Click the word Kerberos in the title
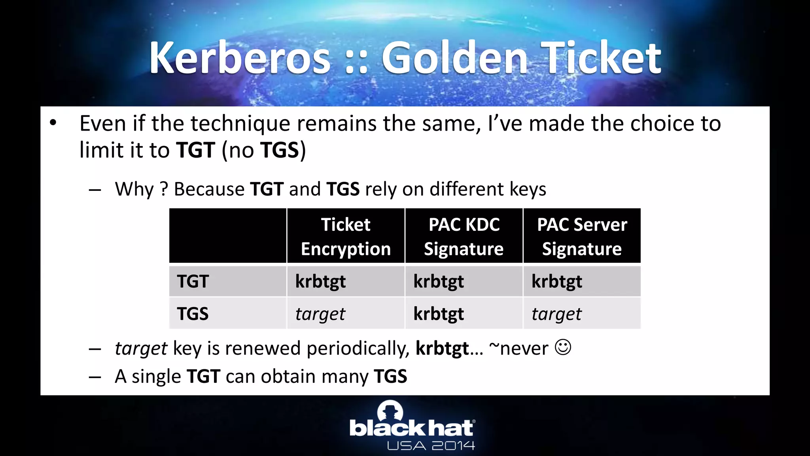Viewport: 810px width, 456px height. click(x=240, y=58)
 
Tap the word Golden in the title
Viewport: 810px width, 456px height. click(x=454, y=58)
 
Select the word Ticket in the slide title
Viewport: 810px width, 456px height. click(x=601, y=58)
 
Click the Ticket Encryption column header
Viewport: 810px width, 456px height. click(x=346, y=236)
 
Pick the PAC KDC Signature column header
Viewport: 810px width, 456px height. click(x=464, y=236)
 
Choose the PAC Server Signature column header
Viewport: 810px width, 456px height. click(x=582, y=236)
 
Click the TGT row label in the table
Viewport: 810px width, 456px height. click(x=193, y=281)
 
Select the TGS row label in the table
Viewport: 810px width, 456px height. click(x=193, y=313)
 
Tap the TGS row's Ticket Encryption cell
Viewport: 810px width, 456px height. click(x=320, y=314)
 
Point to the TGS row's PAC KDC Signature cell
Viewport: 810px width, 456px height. click(x=439, y=314)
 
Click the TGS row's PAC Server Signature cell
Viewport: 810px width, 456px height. click(x=556, y=314)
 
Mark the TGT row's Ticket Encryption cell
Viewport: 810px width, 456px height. click(x=320, y=281)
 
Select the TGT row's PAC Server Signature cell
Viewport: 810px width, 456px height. click(x=556, y=281)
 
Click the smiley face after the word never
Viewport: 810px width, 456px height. click(x=563, y=348)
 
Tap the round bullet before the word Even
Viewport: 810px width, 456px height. click(x=53, y=123)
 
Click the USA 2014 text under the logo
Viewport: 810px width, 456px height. click(x=431, y=446)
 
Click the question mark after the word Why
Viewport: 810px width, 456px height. click(x=164, y=189)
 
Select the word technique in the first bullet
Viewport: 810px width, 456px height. click(x=240, y=123)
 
